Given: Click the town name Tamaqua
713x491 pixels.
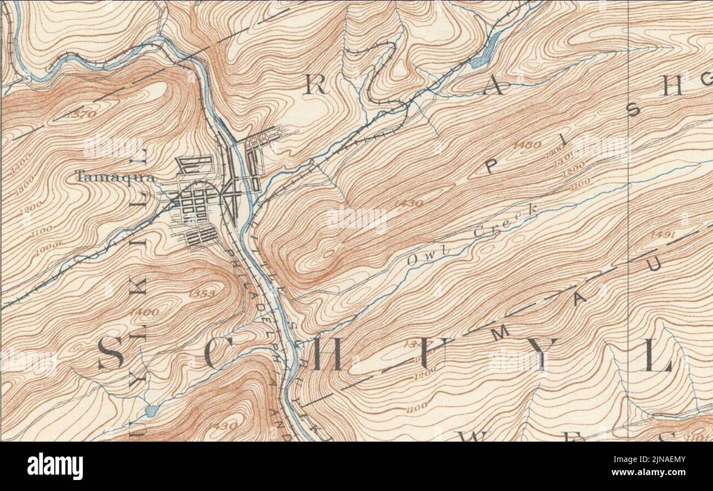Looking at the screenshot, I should pyautogui.click(x=115, y=177).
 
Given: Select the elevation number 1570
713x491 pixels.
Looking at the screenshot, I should pyautogui.click(x=82, y=115).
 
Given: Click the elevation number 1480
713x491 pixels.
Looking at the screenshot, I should pyautogui.click(x=527, y=145).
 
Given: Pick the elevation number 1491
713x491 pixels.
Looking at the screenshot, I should pyautogui.click(x=662, y=235).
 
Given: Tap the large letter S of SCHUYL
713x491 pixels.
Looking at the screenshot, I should pyautogui.click(x=111, y=354).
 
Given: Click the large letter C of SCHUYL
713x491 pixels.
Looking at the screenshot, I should pyautogui.click(x=216, y=354).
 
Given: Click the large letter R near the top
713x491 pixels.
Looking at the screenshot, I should pyautogui.click(x=316, y=84).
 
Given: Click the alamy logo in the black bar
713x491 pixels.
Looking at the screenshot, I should pyautogui.click(x=55, y=466).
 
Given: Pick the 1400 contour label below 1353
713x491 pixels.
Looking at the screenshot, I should pyautogui.click(x=145, y=312).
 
